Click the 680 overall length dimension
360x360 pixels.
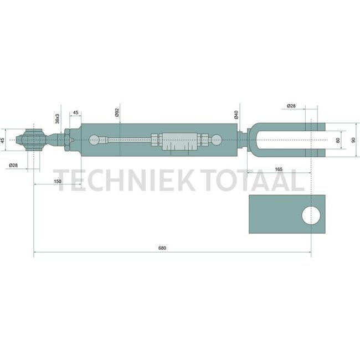[162, 248]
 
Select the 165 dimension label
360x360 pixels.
[279, 169]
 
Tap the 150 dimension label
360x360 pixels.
[58, 181]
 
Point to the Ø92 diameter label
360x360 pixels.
[117, 112]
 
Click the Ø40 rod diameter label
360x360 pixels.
[236, 115]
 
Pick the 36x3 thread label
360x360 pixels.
[58, 119]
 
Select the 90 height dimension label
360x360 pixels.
[353, 140]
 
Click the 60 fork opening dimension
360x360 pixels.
[338, 140]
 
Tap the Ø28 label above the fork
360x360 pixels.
[291, 106]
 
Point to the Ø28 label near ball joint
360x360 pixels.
[13, 165]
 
